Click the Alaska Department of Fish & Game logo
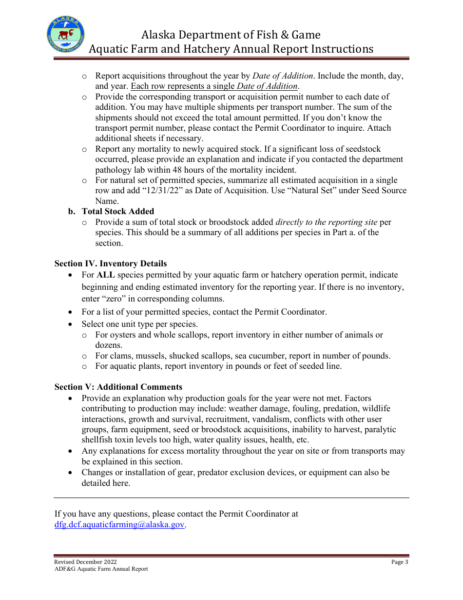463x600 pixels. (66, 35)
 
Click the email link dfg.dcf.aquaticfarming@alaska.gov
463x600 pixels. (119, 525)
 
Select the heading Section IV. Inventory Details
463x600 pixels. (111, 264)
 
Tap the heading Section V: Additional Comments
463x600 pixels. (118, 387)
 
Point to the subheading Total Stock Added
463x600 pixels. (117, 212)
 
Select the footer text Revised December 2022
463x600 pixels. (85, 562)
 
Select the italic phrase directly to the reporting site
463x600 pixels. (326, 222)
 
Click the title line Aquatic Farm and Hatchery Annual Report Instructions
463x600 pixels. (231, 49)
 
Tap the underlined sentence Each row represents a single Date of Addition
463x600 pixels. (214, 86)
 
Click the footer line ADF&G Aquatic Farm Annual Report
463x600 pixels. (101, 569)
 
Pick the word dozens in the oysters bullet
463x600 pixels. (109, 345)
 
